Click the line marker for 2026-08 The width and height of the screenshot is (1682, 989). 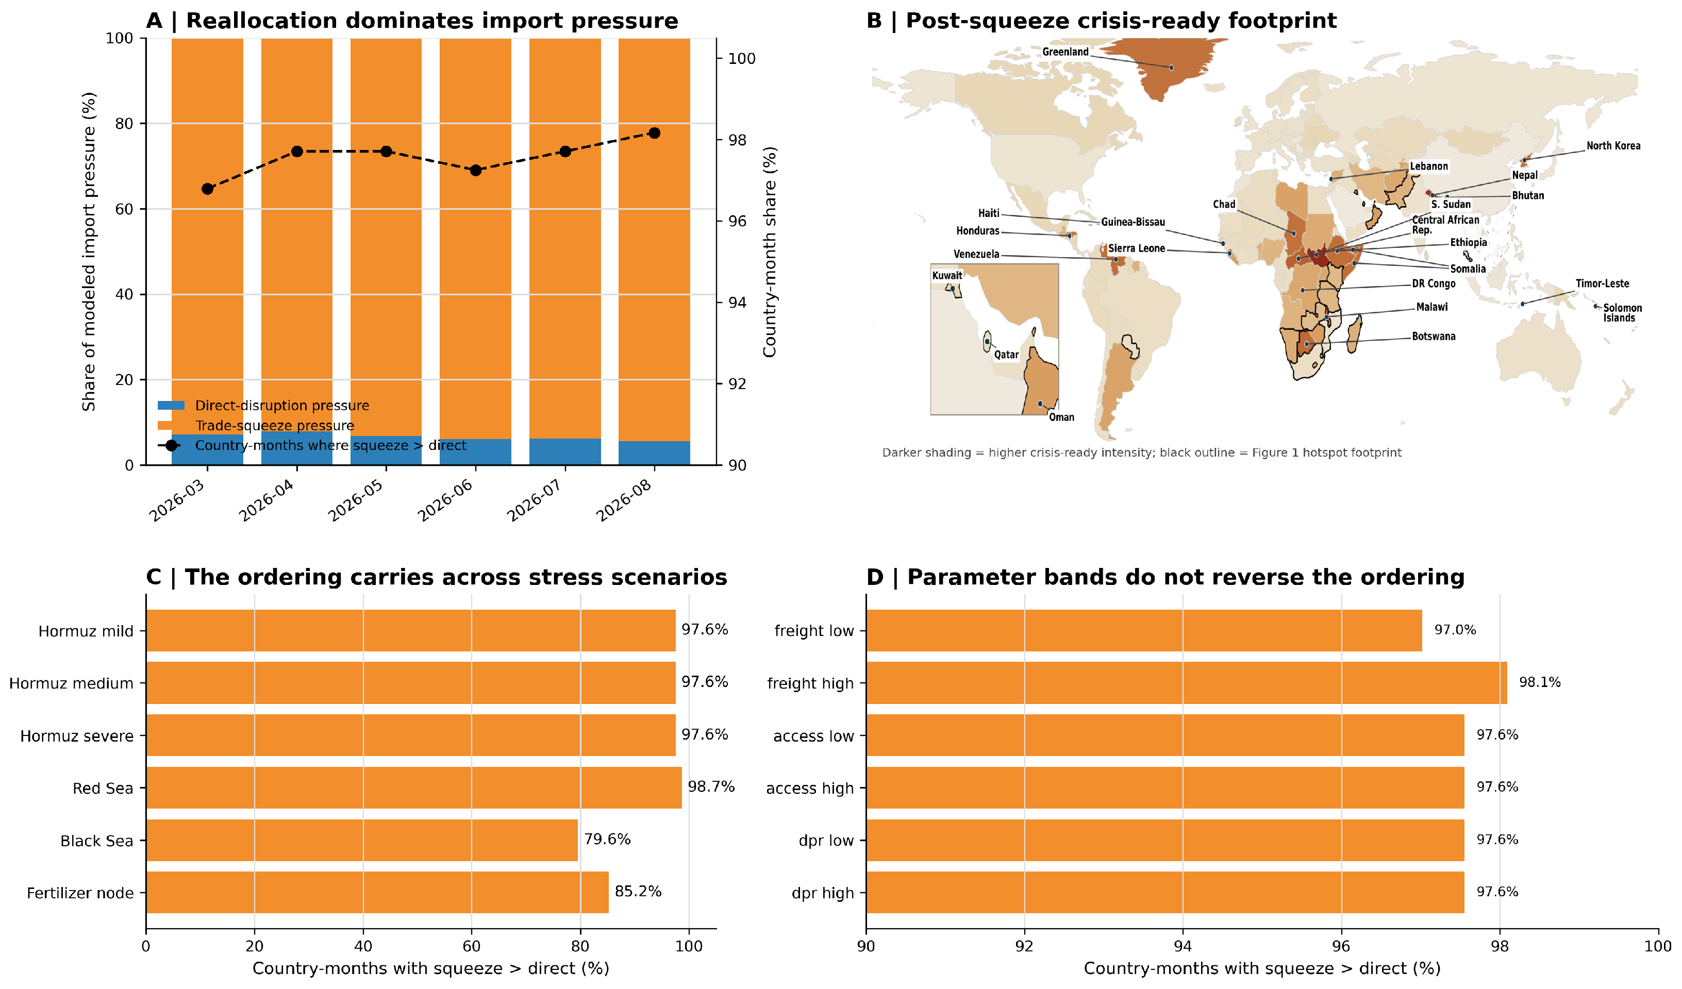[x=654, y=133]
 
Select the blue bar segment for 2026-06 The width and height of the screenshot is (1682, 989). [x=475, y=452]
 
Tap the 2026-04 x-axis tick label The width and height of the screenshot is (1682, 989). [x=267, y=500]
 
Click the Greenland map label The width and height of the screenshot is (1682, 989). [x=1065, y=52]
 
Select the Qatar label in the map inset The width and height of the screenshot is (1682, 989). [x=1007, y=355]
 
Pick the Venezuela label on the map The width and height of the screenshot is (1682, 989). [x=976, y=254]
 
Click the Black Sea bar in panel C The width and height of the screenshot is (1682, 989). [x=362, y=840]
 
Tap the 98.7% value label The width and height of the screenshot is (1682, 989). [x=711, y=787]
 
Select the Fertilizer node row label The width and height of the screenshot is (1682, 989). [x=80, y=893]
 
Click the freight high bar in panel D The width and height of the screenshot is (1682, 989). [x=1187, y=683]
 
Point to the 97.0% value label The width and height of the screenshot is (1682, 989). [x=1455, y=630]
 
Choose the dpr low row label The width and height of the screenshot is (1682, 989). [x=826, y=840]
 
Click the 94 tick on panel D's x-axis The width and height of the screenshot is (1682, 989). [x=1183, y=946]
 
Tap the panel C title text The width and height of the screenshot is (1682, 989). [x=437, y=577]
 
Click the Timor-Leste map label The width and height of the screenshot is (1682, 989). [x=1602, y=283]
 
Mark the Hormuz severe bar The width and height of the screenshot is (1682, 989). [x=410, y=735]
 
